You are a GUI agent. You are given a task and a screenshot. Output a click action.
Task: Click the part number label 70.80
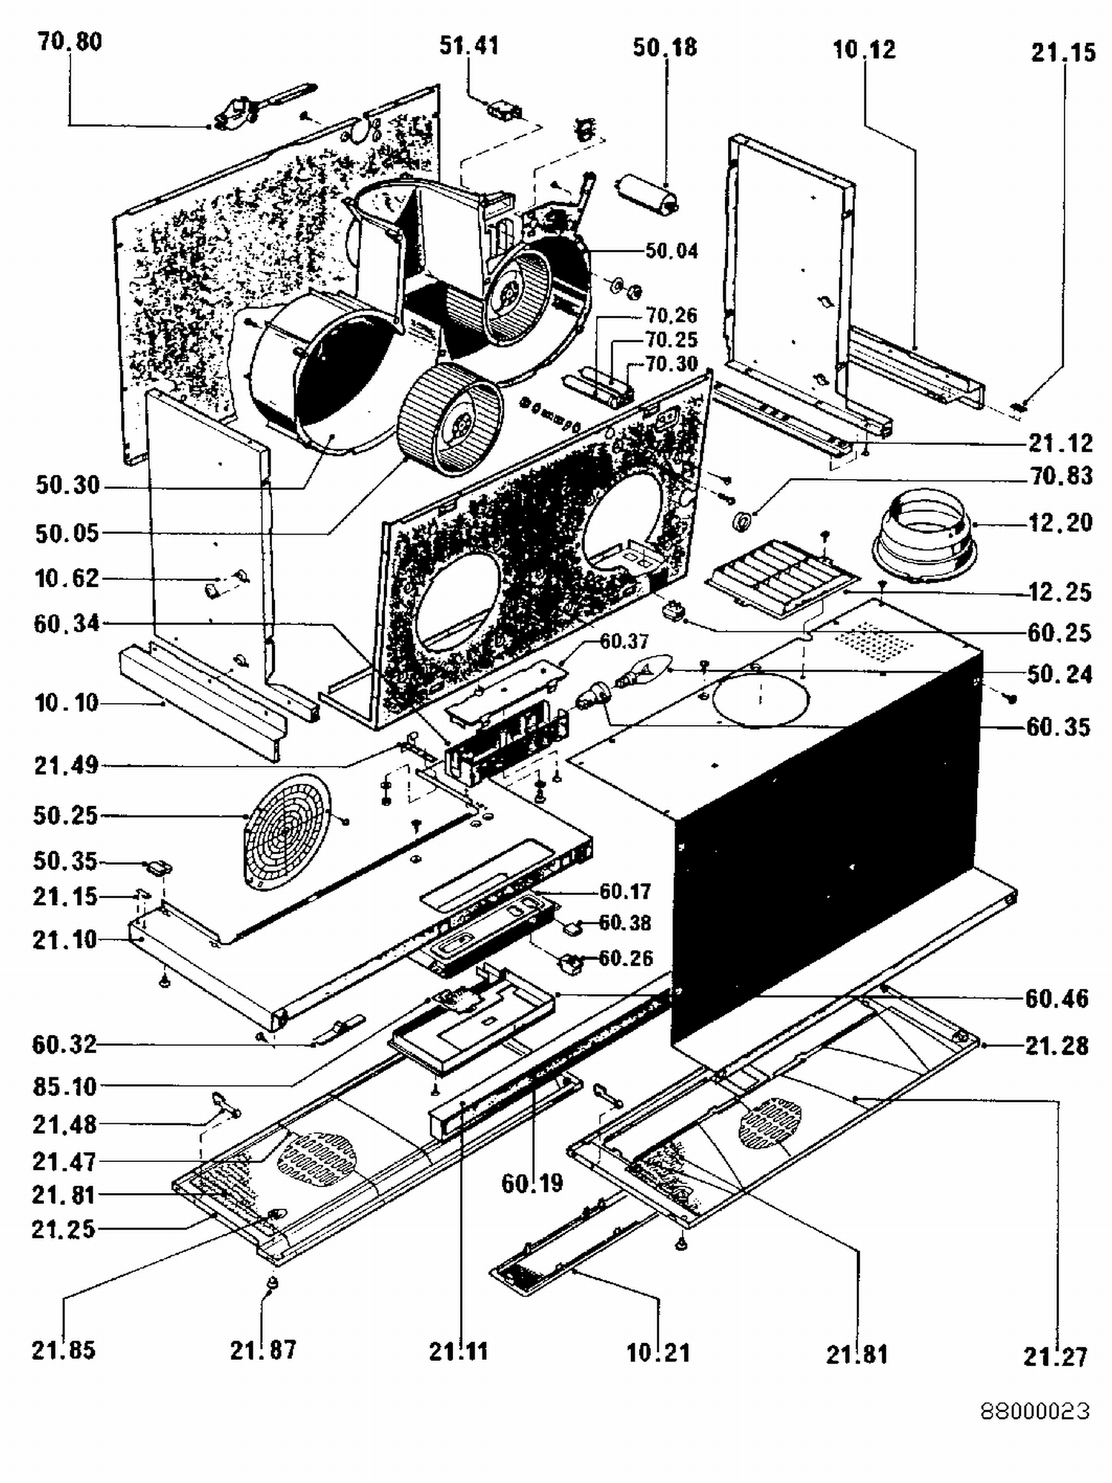70,42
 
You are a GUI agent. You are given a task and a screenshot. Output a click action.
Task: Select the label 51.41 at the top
469,46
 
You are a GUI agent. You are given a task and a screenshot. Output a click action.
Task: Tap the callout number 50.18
665,47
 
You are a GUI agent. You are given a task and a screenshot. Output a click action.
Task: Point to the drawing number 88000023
1035,1410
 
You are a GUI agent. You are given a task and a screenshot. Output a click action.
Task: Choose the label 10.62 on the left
67,578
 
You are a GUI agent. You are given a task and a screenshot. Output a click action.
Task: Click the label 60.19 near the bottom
532,1183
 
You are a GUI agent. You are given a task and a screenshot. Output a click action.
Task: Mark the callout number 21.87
263,1350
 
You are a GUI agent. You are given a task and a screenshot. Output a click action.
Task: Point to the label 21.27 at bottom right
1055,1357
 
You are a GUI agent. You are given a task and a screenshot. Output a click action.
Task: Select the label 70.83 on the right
1062,476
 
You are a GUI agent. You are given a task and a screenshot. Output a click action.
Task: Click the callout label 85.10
64,1086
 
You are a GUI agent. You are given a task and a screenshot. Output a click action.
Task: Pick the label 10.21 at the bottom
658,1352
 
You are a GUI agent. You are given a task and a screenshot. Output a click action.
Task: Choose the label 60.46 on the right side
1056,999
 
